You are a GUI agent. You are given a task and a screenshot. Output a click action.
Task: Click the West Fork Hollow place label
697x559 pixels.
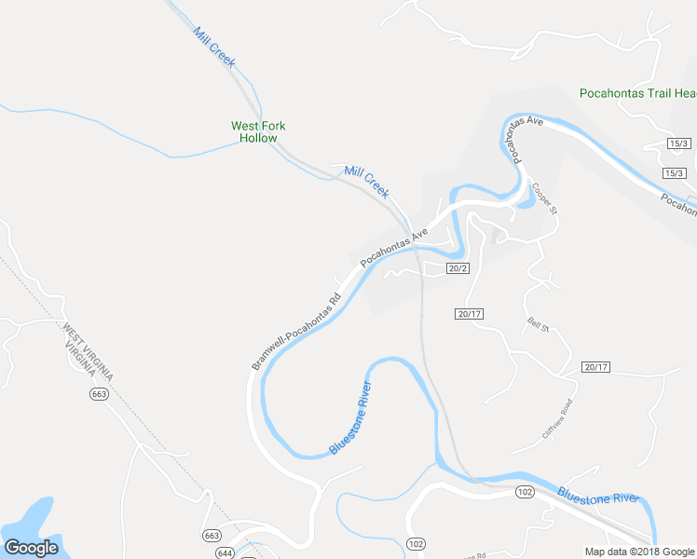pyautogui.click(x=258, y=131)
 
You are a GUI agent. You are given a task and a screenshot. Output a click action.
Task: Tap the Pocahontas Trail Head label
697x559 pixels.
pyautogui.click(x=638, y=93)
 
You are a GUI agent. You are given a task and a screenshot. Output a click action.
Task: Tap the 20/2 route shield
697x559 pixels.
pyautogui.click(x=457, y=268)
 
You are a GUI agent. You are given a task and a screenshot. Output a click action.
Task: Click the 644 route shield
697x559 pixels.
pyautogui.click(x=225, y=553)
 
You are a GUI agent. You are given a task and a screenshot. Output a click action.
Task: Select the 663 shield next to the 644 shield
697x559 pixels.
pyautogui.click(x=212, y=536)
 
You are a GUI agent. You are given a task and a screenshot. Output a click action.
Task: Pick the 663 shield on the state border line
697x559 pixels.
pyautogui.click(x=99, y=394)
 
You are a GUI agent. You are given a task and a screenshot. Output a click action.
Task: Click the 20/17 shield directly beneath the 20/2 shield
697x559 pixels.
pyautogui.click(x=469, y=314)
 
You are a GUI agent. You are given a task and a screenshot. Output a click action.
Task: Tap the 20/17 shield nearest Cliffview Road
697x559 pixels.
pyautogui.click(x=595, y=367)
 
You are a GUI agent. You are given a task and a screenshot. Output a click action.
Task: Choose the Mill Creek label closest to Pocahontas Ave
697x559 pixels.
pyautogui.click(x=366, y=181)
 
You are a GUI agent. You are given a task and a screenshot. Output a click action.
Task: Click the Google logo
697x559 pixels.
pyautogui.click(x=30, y=547)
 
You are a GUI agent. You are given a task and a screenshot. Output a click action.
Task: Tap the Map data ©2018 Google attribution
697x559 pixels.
pyautogui.click(x=640, y=552)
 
